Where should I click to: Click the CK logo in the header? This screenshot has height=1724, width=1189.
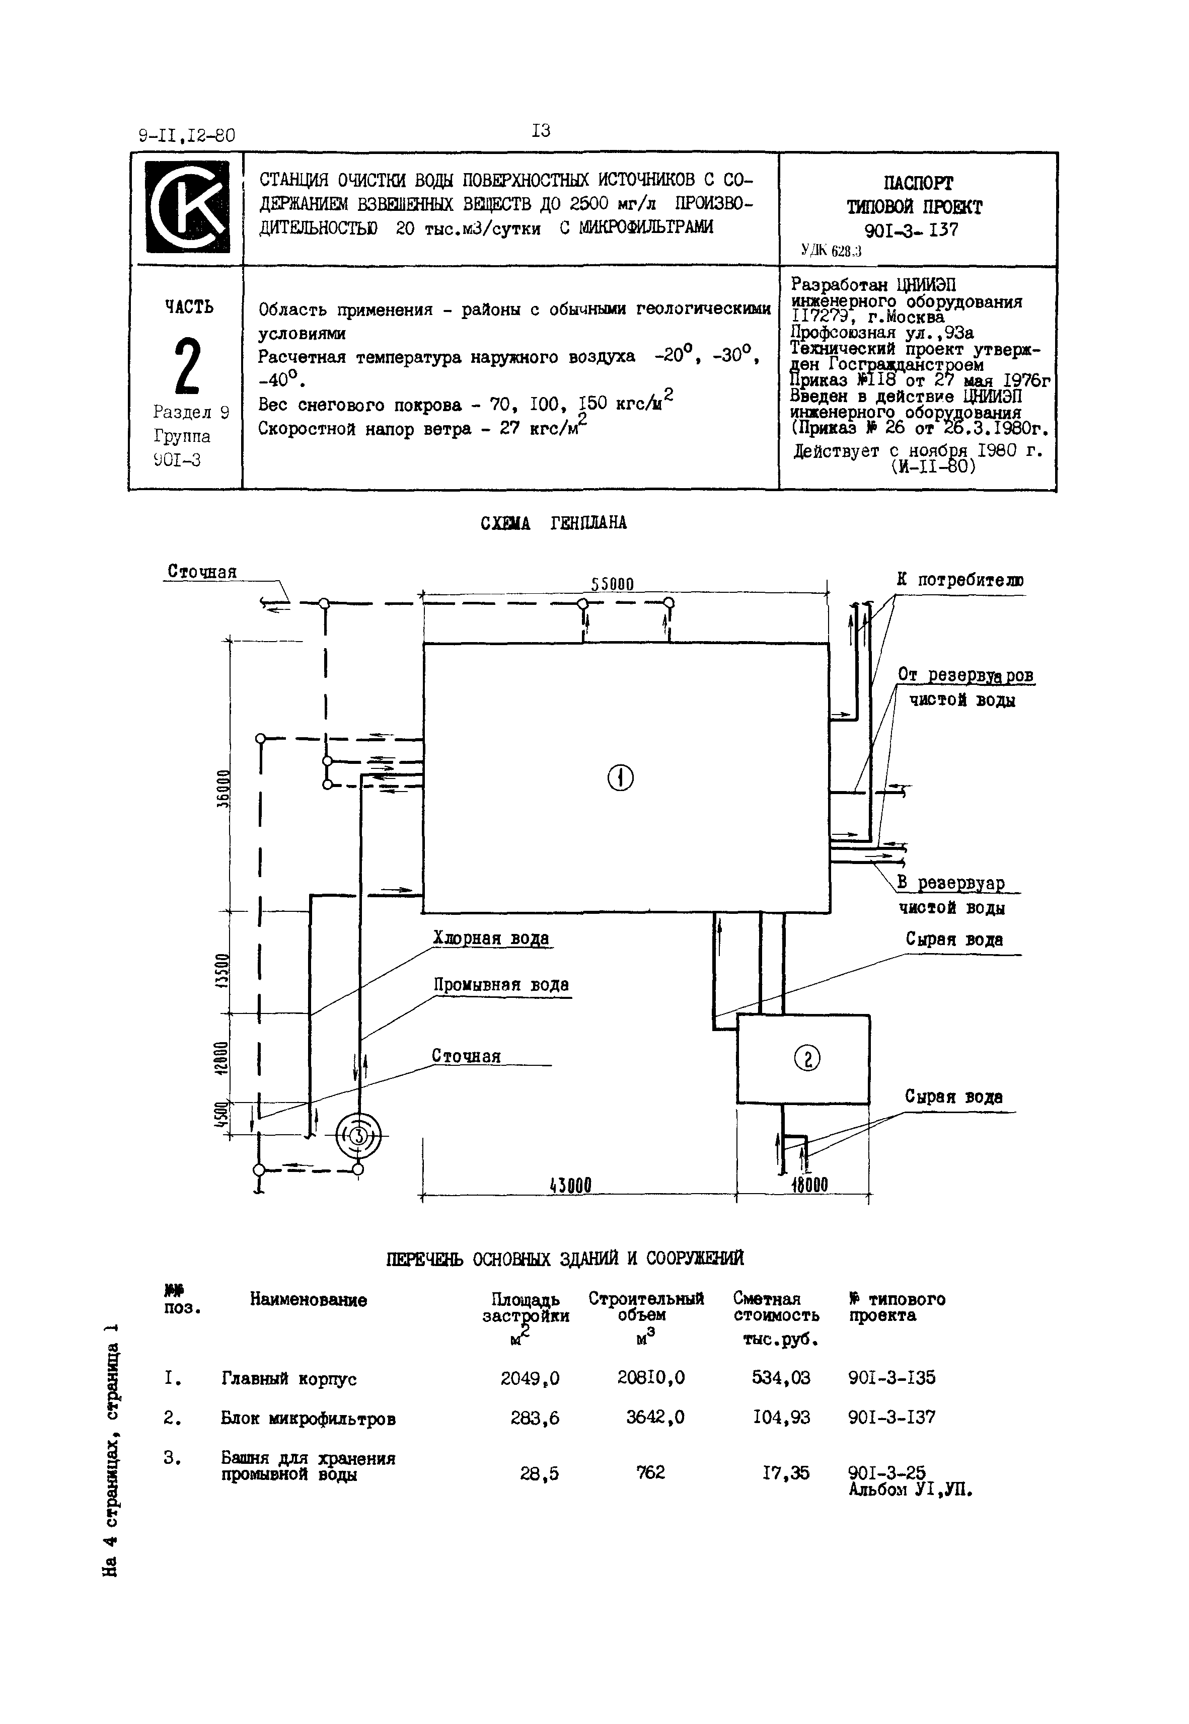coord(186,208)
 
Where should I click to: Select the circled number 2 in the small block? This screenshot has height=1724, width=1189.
coord(807,1057)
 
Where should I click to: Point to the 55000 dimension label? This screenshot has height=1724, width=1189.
coord(613,585)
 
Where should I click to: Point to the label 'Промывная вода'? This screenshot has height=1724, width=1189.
coord(501,985)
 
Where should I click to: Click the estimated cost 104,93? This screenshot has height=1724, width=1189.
coord(781,1417)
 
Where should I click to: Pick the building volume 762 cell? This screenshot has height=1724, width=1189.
coord(650,1472)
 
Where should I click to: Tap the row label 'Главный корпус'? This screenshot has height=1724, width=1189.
coord(289,1379)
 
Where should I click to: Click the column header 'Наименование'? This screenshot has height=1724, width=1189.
coord(309,1300)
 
